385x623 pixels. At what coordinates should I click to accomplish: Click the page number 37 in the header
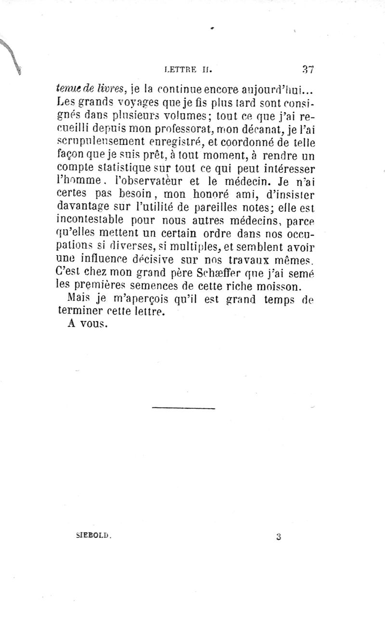point(308,69)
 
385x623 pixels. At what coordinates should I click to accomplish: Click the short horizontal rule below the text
point(184,409)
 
